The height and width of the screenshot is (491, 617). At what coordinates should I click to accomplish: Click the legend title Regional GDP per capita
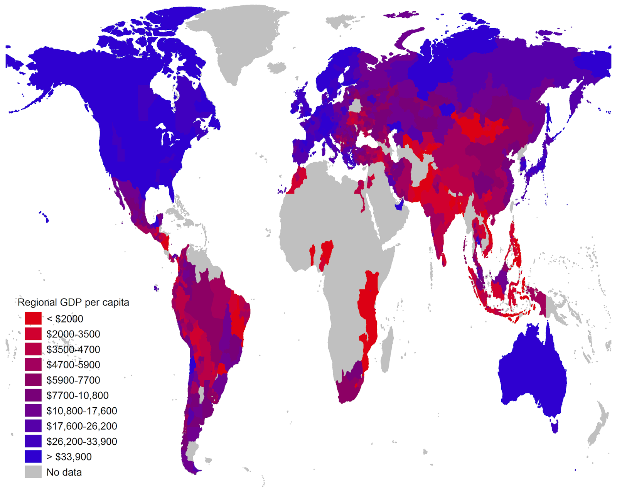click(73, 302)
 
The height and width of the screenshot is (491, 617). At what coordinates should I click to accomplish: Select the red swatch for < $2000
click(33, 319)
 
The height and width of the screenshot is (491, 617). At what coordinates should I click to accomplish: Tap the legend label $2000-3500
click(73, 334)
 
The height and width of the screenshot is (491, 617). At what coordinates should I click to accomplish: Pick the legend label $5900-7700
click(73, 380)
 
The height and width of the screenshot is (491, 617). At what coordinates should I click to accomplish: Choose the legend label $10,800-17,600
click(82, 411)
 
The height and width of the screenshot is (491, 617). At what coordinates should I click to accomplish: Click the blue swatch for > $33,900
click(33, 457)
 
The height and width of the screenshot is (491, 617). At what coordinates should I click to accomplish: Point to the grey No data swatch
click(33, 472)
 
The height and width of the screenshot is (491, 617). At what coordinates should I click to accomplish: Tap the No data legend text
click(64, 472)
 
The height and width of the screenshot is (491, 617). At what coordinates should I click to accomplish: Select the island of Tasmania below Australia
click(555, 427)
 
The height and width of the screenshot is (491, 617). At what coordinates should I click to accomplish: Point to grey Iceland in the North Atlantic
click(276, 68)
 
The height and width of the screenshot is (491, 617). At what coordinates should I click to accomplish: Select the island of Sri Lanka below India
click(444, 260)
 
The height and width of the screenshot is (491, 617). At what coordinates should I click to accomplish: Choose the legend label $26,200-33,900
click(82, 442)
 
